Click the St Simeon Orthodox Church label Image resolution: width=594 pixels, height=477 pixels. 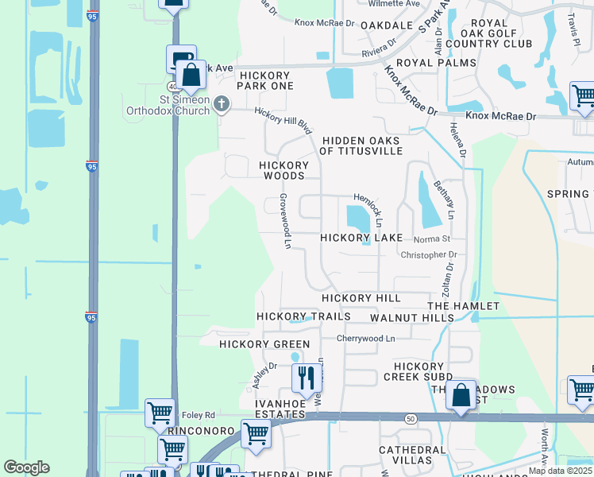pos(168,105)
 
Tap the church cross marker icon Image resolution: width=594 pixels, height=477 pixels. pos(222,103)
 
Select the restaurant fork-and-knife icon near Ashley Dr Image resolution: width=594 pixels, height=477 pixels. pos(305,378)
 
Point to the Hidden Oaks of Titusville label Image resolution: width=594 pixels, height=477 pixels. pos(360,145)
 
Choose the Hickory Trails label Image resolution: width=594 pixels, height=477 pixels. pos(303,316)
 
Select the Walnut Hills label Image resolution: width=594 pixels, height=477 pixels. pos(412,317)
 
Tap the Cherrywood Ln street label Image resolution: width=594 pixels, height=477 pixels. pos(365,338)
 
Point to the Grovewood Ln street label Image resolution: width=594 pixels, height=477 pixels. pos(284,222)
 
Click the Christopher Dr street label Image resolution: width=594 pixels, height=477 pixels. pos(430,255)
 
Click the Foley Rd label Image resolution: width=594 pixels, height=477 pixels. pos(198,414)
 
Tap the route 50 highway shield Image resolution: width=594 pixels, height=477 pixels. pos(411,418)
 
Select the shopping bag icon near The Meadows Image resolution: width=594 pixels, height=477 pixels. pos(461,394)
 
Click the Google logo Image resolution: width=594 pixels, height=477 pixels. pos(26,467)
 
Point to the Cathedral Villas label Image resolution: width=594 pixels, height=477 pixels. pos(412,455)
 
